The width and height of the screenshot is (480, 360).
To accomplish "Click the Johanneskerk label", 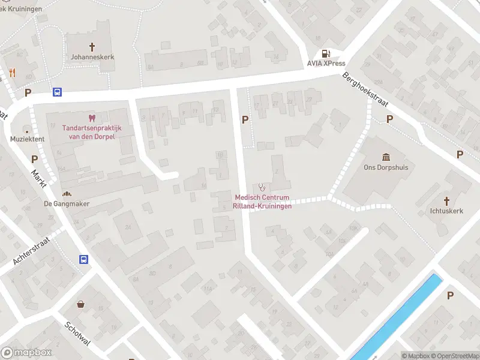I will [x=92, y=57].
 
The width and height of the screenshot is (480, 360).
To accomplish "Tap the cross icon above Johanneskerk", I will [x=92, y=46].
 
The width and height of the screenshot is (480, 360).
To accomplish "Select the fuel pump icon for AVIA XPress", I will [x=326, y=53].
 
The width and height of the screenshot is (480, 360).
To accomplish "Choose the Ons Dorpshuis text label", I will [x=386, y=167].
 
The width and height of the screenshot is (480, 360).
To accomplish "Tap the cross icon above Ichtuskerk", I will [x=446, y=201].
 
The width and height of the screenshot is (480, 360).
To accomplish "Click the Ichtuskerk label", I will [x=446, y=211].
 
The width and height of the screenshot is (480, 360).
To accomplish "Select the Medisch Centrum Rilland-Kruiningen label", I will [x=263, y=202].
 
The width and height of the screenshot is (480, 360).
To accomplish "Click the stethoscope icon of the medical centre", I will [x=262, y=187].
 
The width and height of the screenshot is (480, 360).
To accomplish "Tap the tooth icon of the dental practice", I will [x=92, y=118].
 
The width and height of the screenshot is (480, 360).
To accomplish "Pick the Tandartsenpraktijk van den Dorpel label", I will [x=92, y=133].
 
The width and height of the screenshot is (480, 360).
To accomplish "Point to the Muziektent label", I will [x=27, y=139].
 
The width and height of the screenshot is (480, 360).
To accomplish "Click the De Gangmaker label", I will [x=67, y=203].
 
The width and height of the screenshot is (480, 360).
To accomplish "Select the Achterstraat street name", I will [x=32, y=250].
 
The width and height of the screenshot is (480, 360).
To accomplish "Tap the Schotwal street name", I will [x=77, y=332].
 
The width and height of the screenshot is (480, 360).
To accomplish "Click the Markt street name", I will [x=39, y=179].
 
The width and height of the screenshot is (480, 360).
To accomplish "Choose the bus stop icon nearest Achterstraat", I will [x=83, y=259].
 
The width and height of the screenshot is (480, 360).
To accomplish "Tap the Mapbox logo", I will [x=26, y=353].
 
